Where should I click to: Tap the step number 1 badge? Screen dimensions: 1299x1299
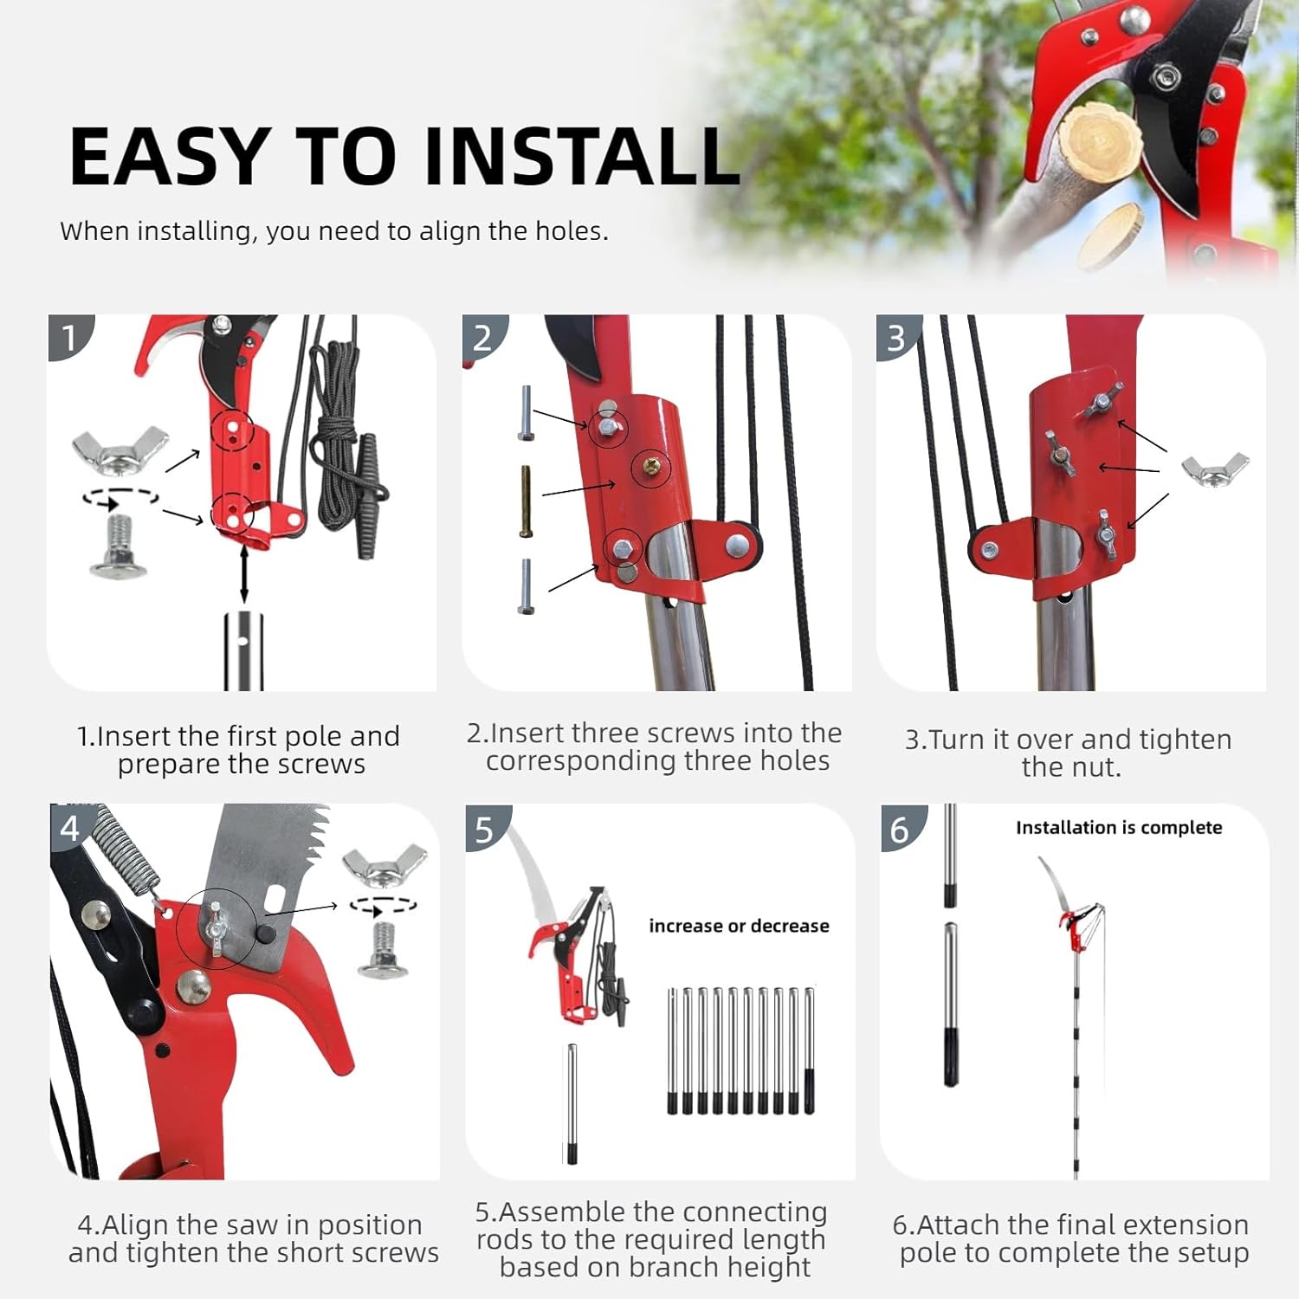[68, 337]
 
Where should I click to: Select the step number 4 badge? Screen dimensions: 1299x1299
[69, 828]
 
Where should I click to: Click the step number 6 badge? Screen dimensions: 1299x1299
[900, 830]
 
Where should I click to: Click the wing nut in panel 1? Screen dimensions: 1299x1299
[120, 450]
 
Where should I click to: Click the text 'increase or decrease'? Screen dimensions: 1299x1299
[739, 926]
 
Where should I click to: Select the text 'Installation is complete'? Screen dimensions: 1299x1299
[1119, 828]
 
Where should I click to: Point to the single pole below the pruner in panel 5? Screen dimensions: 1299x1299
[572, 1104]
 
